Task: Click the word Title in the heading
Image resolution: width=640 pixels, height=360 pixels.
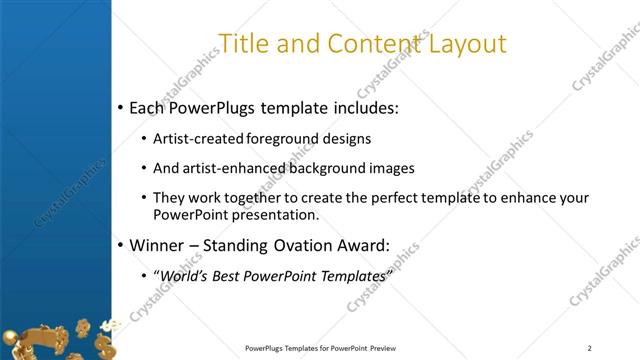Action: point(244,44)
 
